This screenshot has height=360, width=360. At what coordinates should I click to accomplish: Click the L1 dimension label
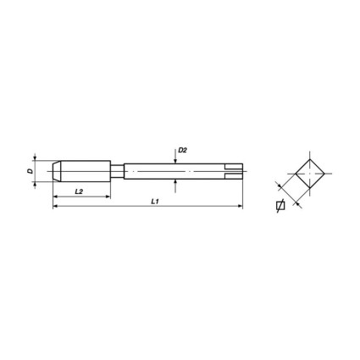point(154,201)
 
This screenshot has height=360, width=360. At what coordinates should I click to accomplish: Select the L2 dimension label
point(78,191)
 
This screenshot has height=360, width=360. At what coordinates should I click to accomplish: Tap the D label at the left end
point(30,171)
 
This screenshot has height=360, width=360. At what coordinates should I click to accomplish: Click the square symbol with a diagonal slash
point(280,206)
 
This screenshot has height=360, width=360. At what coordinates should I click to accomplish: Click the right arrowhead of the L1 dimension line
point(239,206)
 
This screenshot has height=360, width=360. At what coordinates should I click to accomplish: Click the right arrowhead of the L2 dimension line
point(108,197)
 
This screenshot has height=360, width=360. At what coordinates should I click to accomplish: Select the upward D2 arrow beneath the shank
point(175,182)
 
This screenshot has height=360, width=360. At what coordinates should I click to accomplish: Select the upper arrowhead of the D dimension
point(35,158)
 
